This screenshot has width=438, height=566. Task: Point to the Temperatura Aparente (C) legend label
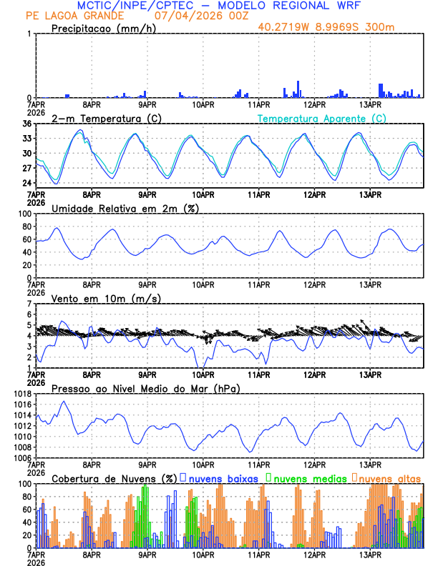pos(321,118)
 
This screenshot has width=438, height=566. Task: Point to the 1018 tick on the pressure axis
pos(21,394)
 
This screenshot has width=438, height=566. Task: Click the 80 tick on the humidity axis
pos(24,227)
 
